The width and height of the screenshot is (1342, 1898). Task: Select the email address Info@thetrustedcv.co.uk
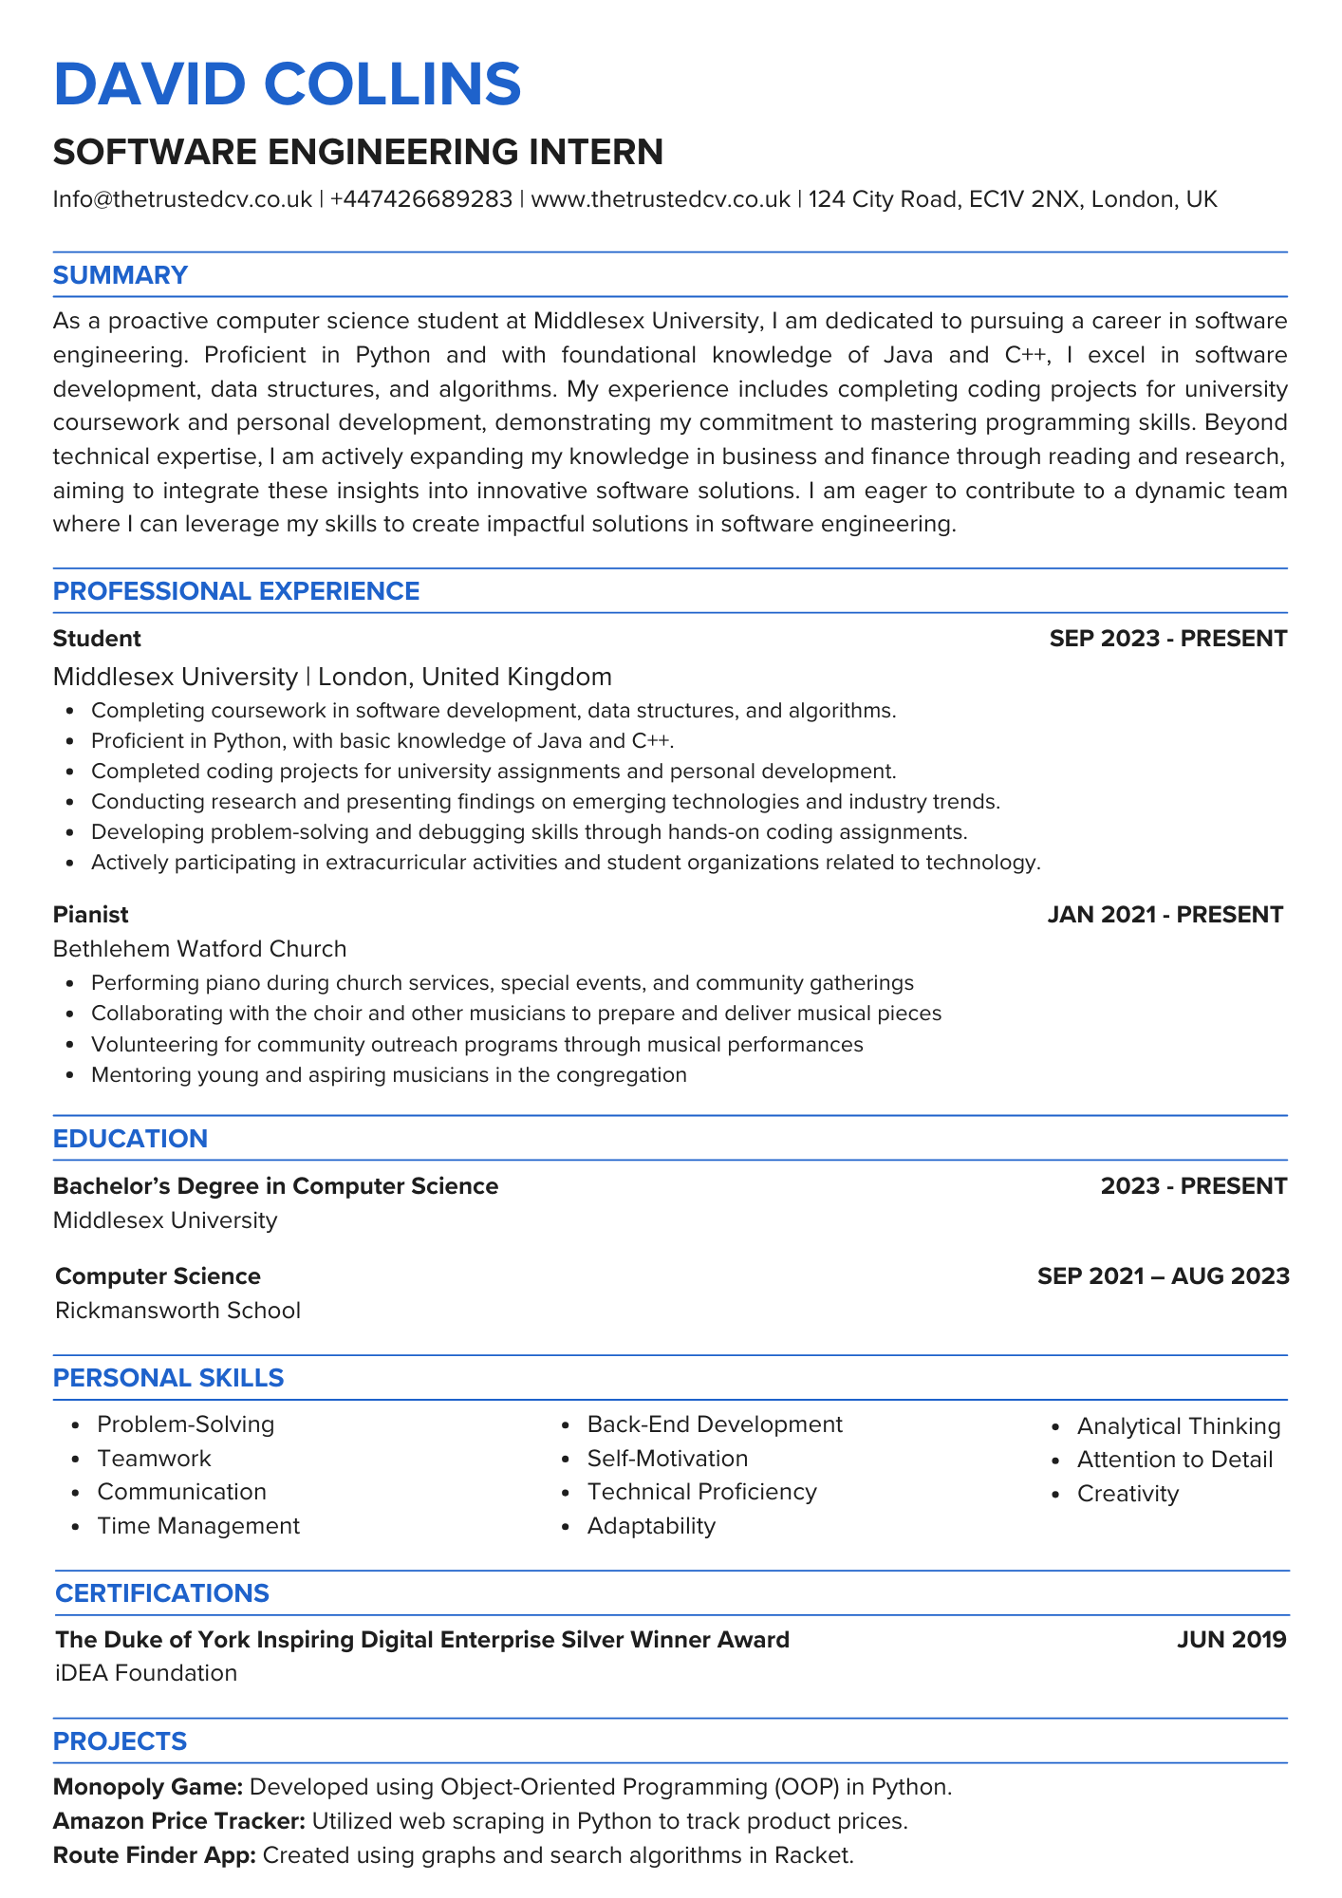click(182, 199)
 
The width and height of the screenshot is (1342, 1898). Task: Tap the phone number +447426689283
click(420, 199)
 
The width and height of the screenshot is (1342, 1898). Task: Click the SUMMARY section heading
click(121, 275)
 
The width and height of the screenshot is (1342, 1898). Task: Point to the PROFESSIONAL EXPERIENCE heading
click(236, 591)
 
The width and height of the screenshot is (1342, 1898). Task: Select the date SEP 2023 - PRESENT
click(1167, 639)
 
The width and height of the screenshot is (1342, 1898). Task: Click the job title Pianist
click(90, 915)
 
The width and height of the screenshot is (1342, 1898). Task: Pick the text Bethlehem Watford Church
click(199, 949)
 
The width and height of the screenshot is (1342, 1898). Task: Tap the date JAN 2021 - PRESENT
click(1165, 915)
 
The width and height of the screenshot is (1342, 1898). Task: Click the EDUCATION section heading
click(130, 1139)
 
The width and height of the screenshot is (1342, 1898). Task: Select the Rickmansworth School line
click(177, 1311)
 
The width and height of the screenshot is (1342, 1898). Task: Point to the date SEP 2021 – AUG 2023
click(1163, 1276)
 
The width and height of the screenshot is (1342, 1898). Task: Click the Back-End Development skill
click(714, 1424)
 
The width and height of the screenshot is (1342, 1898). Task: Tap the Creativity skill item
click(1128, 1494)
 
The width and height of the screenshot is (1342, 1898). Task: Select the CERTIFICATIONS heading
click(162, 1593)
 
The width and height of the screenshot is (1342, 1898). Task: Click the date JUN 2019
click(1231, 1640)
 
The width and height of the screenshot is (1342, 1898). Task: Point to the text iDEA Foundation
click(146, 1673)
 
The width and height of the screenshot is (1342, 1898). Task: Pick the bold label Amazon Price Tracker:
click(179, 1821)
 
